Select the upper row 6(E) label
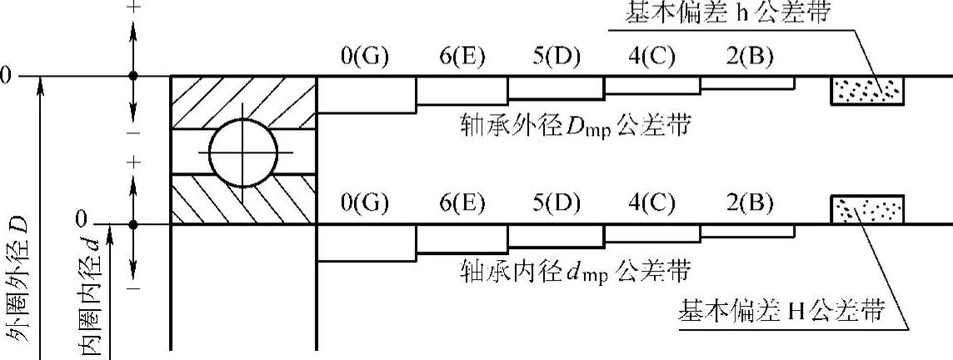pyautogui.click(x=462, y=57)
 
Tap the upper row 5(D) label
pyautogui.click(x=556, y=57)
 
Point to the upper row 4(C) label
pyautogui.click(x=652, y=57)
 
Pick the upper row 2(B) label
pyautogui.click(x=747, y=57)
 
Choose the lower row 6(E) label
pyautogui.click(x=462, y=204)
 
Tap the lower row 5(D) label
pyautogui.click(x=556, y=204)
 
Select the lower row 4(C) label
pyautogui.click(x=652, y=204)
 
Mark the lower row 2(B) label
pyautogui.click(x=747, y=204)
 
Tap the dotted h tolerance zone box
pyautogui.click(x=867, y=90)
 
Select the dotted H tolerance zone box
pyautogui.click(x=867, y=209)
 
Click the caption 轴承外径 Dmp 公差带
pyautogui.click(x=575, y=127)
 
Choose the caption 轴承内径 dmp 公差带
pyautogui.click(x=575, y=271)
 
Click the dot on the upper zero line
pyautogui.click(x=134, y=76)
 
